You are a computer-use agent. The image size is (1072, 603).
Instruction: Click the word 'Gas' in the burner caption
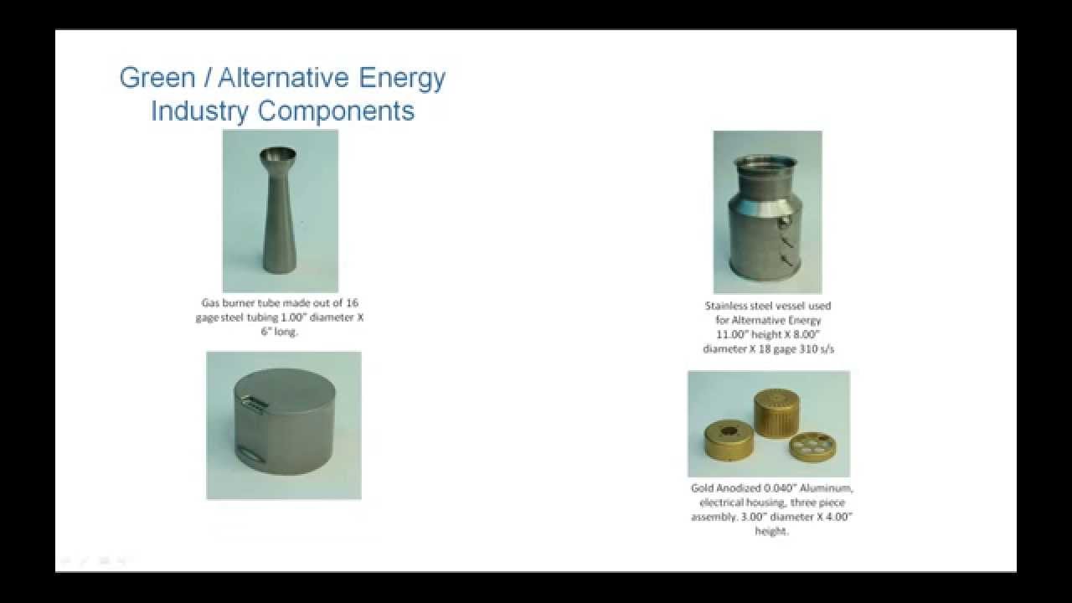[210, 302]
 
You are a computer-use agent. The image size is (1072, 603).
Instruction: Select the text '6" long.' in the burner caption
[280, 331]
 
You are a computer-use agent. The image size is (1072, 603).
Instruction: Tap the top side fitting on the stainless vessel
[784, 222]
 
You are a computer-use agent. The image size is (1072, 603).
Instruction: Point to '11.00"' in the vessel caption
[725, 334]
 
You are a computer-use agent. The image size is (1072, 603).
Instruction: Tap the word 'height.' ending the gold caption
[771, 531]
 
